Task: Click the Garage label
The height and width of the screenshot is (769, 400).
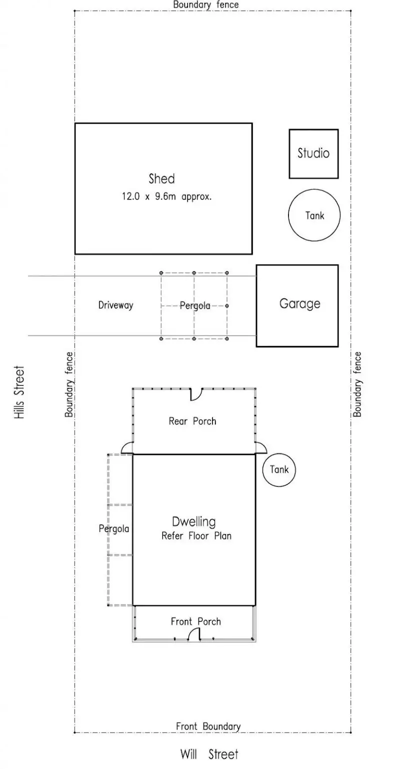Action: (x=299, y=304)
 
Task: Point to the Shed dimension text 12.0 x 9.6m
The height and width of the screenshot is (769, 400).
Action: (x=166, y=196)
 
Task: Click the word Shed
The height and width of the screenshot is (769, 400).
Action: (x=161, y=178)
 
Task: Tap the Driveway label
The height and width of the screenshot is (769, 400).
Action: (x=115, y=305)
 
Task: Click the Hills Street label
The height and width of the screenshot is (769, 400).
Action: (x=19, y=392)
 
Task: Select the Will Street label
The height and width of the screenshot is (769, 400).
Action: (x=209, y=754)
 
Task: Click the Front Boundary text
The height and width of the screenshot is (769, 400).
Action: (x=208, y=726)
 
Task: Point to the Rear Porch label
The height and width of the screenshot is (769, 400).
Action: (x=192, y=421)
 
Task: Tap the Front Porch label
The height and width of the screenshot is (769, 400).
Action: (x=195, y=621)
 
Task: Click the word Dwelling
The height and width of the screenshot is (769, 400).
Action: (x=194, y=522)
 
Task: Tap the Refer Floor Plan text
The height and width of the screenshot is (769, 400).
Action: (x=196, y=536)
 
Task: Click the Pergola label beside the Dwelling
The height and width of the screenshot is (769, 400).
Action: (x=114, y=528)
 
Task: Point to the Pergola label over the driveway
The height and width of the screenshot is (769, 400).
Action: (x=195, y=305)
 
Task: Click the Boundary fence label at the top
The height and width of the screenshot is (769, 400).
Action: (x=205, y=4)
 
